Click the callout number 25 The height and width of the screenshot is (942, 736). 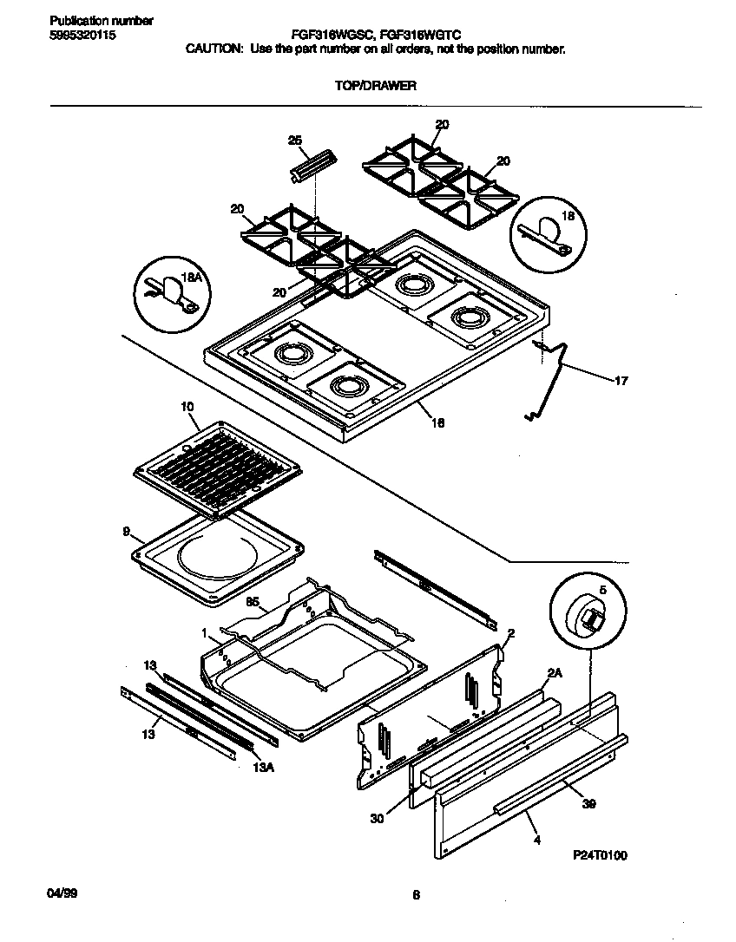click(x=294, y=141)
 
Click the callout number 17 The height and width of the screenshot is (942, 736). click(x=621, y=380)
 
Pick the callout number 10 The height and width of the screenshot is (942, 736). click(x=187, y=406)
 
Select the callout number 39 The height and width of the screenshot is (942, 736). click(x=588, y=803)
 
